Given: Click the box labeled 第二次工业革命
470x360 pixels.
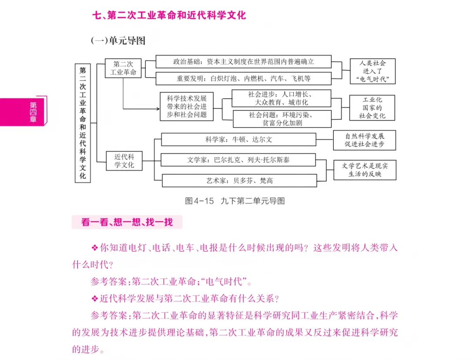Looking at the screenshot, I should pos(123,68).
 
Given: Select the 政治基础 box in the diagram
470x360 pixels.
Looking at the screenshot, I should pos(243,62).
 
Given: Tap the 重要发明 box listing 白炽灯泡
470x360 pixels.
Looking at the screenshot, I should pos(243,79).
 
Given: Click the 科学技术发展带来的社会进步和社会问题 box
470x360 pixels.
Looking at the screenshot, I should pos(186,106).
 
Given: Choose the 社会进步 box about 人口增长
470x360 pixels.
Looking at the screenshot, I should pos(281,98).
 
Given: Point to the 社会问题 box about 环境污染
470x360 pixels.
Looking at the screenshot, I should pos(282,119).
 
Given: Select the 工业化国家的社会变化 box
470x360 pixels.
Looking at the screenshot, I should pos(372,108).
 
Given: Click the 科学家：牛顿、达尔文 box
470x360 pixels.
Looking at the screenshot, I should pos(238,140).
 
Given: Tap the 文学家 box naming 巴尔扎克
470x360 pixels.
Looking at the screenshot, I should pos(238,160).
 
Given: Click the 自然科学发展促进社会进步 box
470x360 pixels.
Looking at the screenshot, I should pos(365,140).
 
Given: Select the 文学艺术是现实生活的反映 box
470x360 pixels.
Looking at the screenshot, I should pos(365,170).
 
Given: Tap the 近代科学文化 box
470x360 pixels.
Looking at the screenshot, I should pos(124,161).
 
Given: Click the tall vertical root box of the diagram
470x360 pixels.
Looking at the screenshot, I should pos(83,123).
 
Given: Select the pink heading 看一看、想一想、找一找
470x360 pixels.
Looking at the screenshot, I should pos(127,222).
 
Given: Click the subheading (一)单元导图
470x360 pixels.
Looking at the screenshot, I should pos(117,41).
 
